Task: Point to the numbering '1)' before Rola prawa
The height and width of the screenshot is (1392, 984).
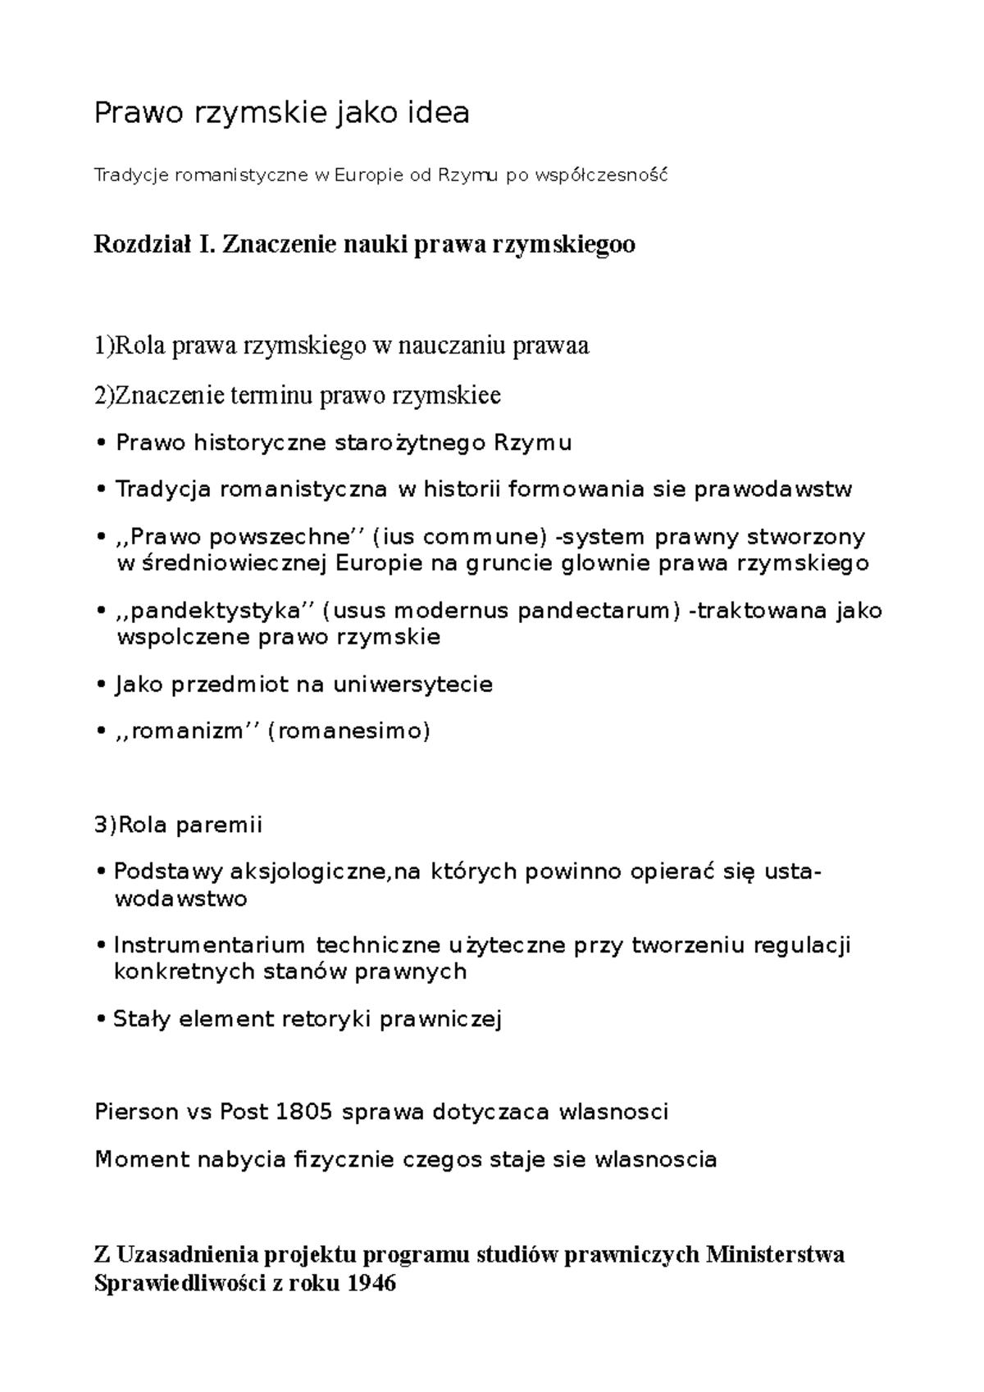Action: [103, 346]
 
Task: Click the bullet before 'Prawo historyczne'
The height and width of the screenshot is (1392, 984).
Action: [101, 444]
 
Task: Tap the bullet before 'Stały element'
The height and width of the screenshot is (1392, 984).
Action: [100, 1019]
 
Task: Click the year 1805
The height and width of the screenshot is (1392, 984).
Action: [304, 1112]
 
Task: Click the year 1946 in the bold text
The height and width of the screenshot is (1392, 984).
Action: [372, 1283]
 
